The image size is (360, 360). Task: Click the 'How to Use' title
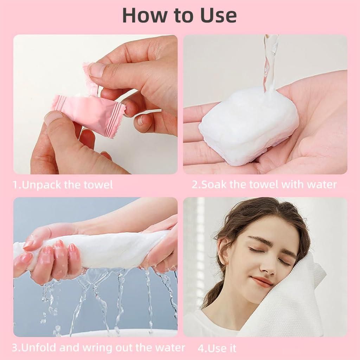[179, 15]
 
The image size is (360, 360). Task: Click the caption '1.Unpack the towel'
[63, 185]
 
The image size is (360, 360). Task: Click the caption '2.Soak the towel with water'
[264, 184]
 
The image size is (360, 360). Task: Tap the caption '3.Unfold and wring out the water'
[98, 348]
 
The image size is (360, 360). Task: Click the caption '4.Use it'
[217, 348]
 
